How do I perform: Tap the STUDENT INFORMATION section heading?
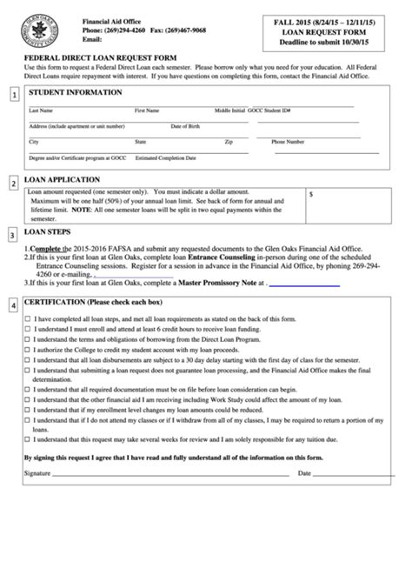point(76,92)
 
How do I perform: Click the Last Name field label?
point(40,111)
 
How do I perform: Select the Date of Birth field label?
point(185,126)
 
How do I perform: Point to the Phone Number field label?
point(288,141)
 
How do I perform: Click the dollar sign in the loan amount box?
point(311,195)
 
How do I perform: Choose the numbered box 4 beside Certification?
point(13,305)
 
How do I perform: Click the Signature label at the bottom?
point(37,473)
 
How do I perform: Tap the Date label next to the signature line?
point(304,473)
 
